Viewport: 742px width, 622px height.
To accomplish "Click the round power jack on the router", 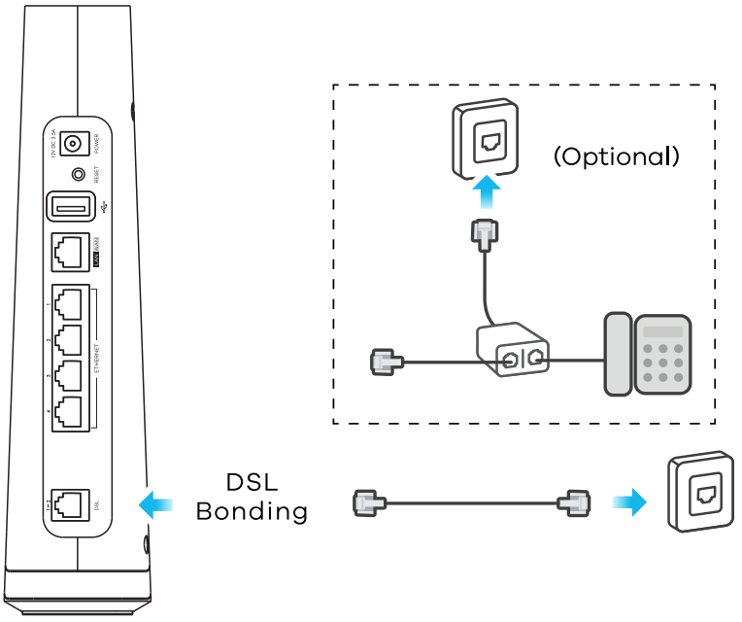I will [x=71, y=144].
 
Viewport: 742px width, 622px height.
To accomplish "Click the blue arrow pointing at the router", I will [x=156, y=503].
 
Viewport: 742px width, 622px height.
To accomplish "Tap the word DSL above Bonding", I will [x=252, y=482].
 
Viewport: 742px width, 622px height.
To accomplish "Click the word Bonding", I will [x=252, y=511].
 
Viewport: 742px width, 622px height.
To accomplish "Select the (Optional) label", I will [x=616, y=156].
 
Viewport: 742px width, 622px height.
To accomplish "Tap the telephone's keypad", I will [x=662, y=356].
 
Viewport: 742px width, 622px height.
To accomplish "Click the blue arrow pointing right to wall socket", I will [x=628, y=502].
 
